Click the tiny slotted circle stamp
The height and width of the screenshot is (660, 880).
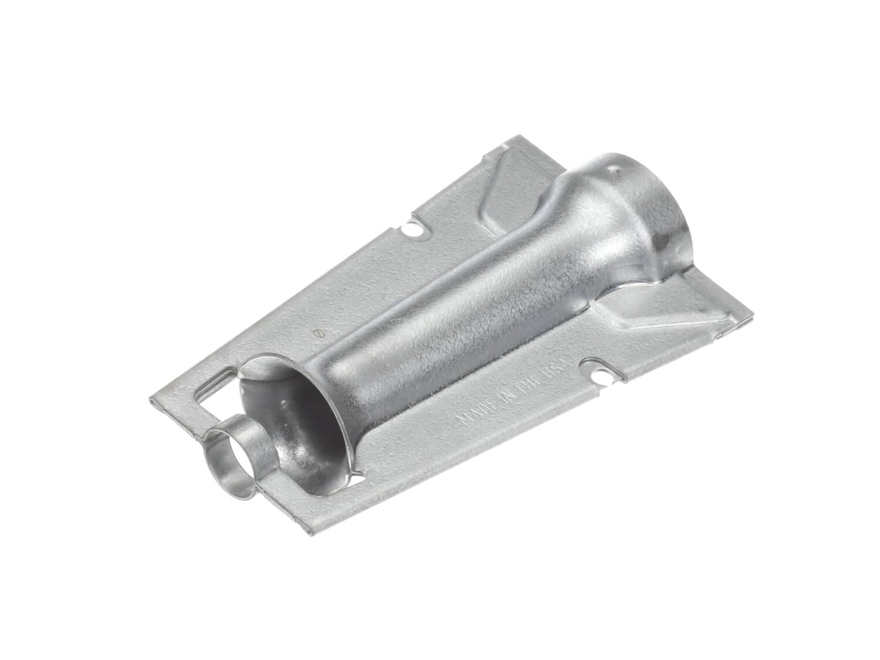point(319,333)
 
